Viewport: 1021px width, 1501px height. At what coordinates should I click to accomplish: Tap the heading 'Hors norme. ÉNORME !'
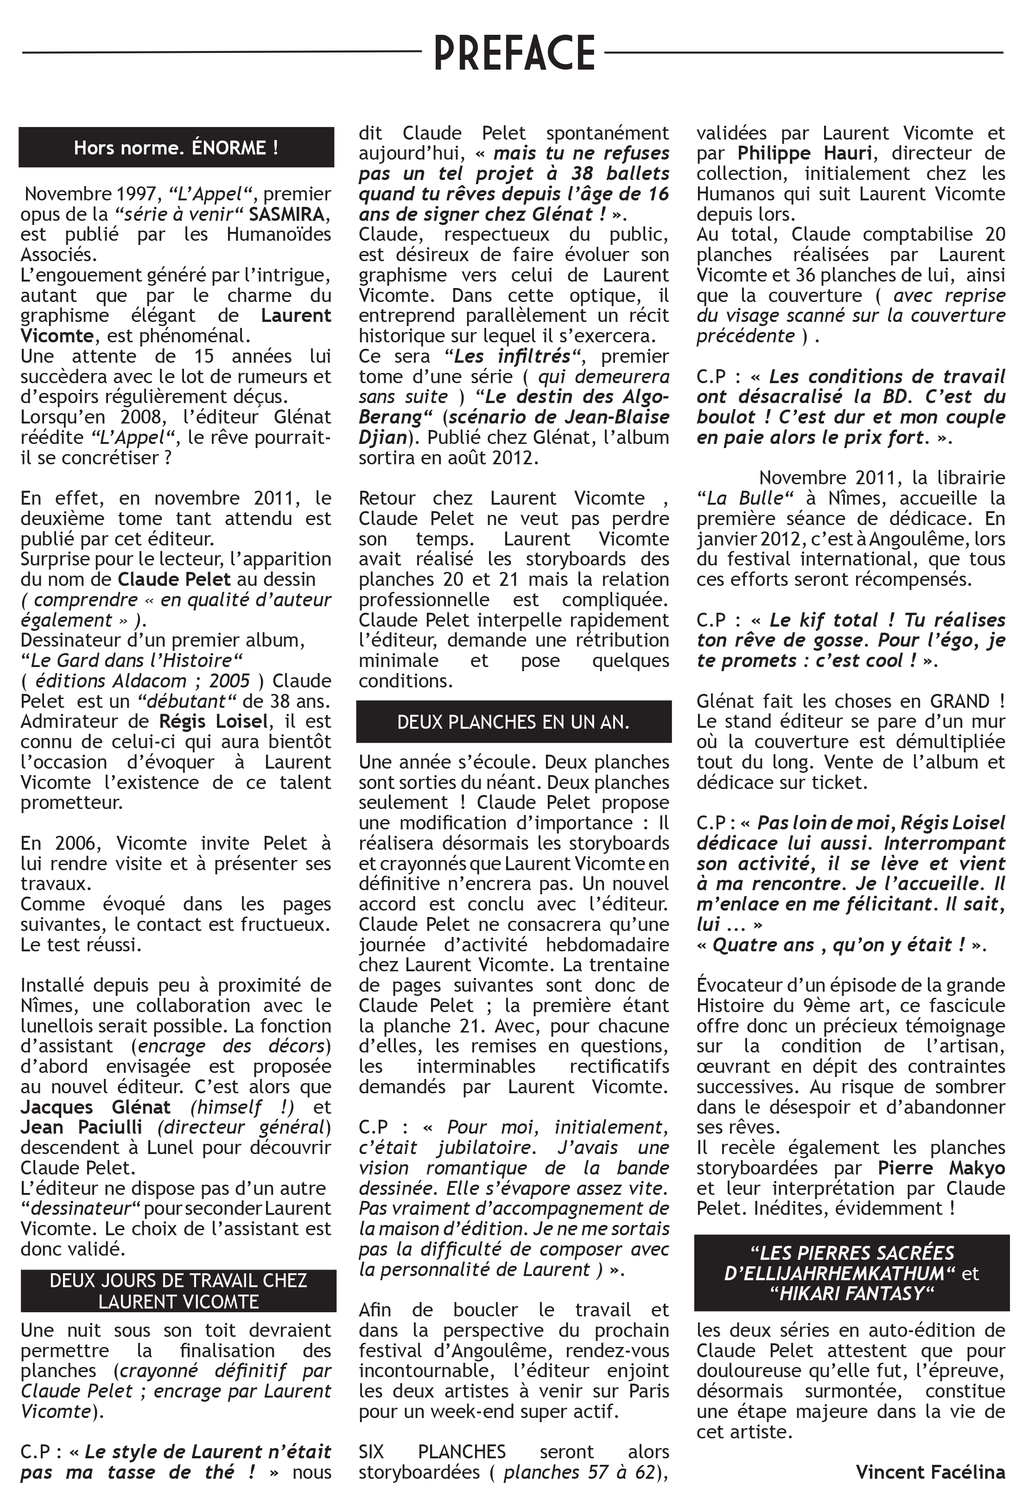(x=176, y=148)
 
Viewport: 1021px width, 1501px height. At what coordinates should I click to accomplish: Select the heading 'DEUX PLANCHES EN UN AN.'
(x=513, y=722)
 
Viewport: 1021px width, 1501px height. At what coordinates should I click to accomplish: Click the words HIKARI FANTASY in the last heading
(x=851, y=1294)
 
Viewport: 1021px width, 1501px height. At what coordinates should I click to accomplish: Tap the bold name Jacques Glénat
(x=95, y=1107)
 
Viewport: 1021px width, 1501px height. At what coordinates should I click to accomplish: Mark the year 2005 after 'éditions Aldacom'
(x=229, y=681)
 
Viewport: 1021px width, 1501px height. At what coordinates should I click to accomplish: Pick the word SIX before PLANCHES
(x=371, y=1452)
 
